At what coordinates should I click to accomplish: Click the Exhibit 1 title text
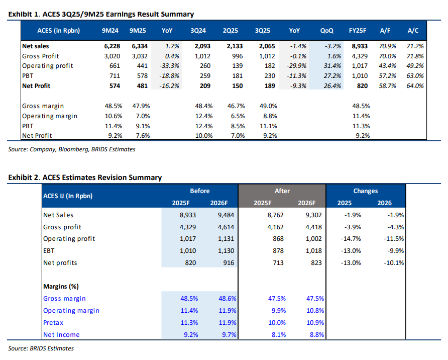coord(101,15)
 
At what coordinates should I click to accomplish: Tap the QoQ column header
coord(326,31)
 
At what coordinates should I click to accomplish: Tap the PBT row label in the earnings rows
coord(28,76)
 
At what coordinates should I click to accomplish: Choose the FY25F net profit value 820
coord(362,85)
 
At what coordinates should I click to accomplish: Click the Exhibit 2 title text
coord(85,177)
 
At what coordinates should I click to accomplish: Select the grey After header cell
coord(282,191)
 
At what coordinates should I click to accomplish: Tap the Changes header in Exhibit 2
coord(365,191)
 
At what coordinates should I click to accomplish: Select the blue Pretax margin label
coord(53,322)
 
